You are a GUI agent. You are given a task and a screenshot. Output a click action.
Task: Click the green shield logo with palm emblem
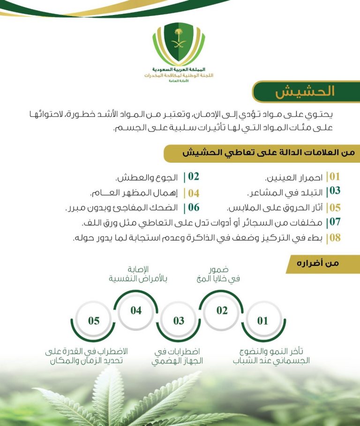tap(179, 45)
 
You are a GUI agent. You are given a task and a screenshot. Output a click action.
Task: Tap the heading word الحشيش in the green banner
tap(305, 91)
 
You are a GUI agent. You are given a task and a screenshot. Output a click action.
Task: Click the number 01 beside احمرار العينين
tap(334, 177)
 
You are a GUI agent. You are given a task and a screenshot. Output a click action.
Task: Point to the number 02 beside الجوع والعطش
tap(194, 177)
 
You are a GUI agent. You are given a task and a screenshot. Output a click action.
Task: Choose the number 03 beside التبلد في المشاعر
tap(334, 191)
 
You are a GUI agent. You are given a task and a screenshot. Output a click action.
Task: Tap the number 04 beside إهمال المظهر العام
tap(194, 193)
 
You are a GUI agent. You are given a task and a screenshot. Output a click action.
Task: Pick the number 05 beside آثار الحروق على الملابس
tap(334, 207)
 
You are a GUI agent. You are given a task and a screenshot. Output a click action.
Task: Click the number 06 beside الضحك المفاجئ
tap(194, 207)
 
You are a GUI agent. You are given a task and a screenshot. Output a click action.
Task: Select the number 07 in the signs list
tap(334, 222)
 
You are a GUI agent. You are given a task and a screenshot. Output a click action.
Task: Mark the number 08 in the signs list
tap(334, 237)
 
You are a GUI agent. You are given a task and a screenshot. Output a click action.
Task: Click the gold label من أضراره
tap(323, 264)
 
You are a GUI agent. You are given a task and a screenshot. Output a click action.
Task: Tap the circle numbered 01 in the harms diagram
tap(263, 321)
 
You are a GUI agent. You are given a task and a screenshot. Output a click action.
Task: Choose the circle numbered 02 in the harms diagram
tap(222, 311)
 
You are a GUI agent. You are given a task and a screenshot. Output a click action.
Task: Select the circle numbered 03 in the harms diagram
tap(179, 321)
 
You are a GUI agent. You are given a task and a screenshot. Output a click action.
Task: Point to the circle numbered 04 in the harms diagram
tap(136, 311)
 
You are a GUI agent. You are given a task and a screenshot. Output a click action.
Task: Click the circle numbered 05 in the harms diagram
tap(94, 321)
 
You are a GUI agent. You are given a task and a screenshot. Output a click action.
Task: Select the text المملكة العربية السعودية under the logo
tap(179, 69)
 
